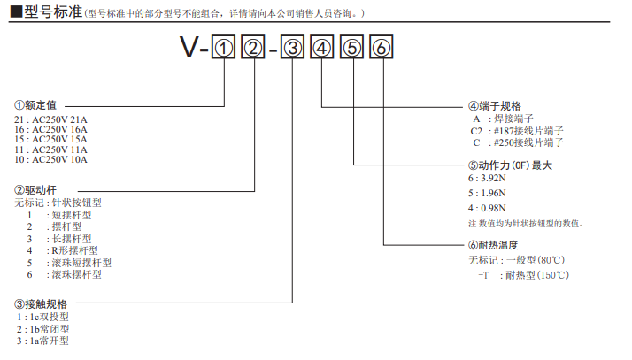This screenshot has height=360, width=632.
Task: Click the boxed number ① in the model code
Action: pos(222,50)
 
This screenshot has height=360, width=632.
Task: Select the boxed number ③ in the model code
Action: pos(294,50)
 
